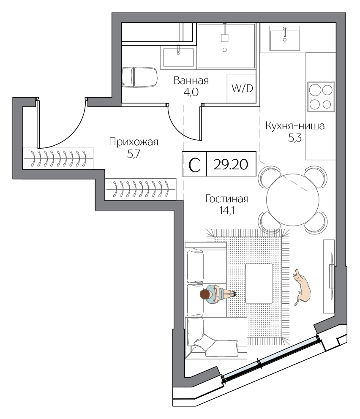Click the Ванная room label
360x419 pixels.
click(191, 80)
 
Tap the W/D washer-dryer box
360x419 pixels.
click(241, 88)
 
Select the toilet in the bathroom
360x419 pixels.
click(139, 77)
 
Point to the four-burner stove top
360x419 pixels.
click(321, 97)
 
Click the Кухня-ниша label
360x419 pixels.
click(295, 125)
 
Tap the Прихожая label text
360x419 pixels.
click(134, 142)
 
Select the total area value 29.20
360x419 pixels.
click(231, 164)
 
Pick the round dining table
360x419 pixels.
click(293, 200)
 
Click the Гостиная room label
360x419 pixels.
click(227, 199)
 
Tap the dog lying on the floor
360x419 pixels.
click(301, 287)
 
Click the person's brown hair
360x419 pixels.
click(205, 294)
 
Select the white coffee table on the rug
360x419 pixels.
click(259, 283)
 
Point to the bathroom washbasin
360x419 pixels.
click(178, 57)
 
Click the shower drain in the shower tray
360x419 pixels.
click(224, 50)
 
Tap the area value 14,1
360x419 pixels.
click(226, 211)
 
